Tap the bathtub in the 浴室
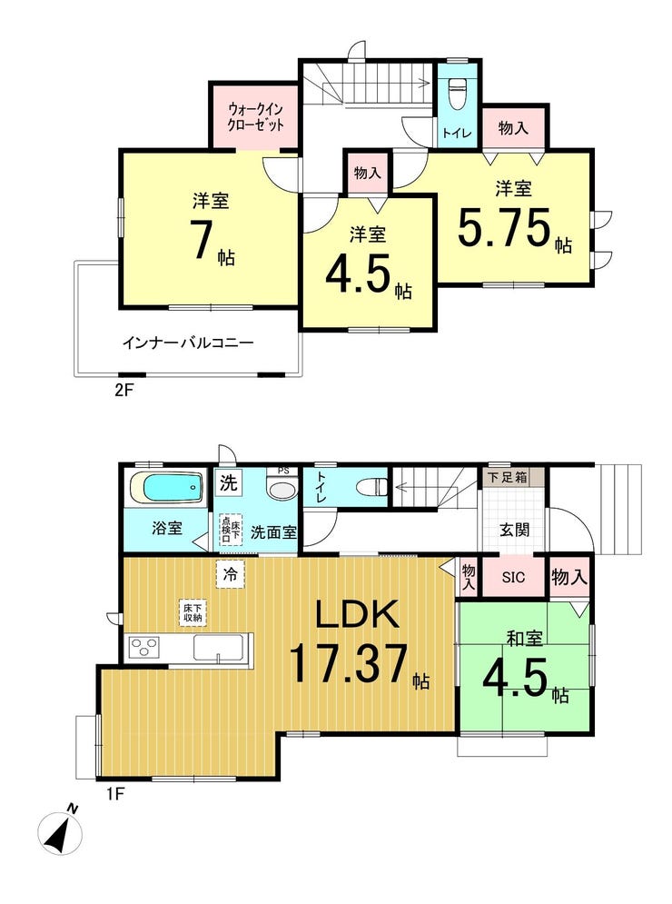coord(164,488)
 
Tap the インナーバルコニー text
coord(187,343)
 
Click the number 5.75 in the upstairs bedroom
coord(505,230)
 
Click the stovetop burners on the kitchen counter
coord(145,648)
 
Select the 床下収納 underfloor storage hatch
coord(192,612)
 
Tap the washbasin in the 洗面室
coord(282,489)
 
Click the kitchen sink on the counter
coord(217,648)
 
